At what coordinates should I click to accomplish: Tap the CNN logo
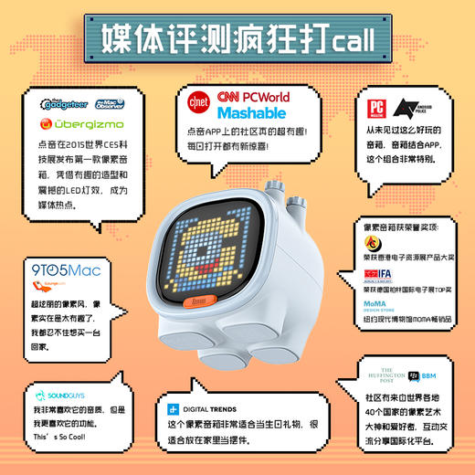(229, 98)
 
